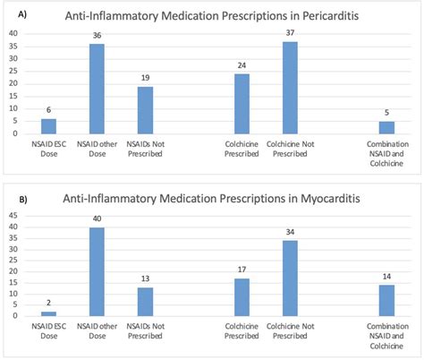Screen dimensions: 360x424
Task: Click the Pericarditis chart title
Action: click(221, 16)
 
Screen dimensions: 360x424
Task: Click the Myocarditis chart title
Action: click(221, 200)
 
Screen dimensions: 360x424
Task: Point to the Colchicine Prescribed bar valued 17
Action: click(242, 296)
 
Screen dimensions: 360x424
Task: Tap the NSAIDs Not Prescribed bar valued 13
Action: click(145, 301)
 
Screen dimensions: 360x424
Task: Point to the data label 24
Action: click(242, 65)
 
